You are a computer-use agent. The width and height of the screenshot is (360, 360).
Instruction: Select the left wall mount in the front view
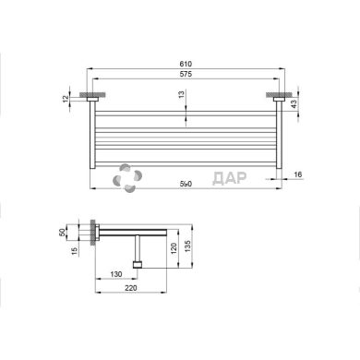(x=91, y=95)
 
